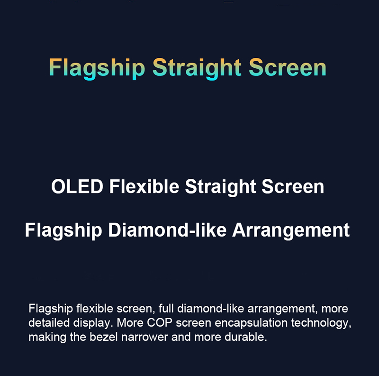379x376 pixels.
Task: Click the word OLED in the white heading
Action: coord(77,186)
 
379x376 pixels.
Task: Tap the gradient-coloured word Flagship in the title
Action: coord(97,68)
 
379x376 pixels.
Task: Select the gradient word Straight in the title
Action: coord(197,68)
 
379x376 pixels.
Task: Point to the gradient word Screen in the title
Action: coord(288,67)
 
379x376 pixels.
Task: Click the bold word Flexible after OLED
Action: coord(144,186)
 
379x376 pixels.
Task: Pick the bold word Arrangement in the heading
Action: coord(291,231)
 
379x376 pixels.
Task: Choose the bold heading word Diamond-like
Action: coord(167,230)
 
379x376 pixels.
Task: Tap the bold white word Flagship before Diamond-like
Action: coord(63,231)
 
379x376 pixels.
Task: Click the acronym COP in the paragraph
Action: coord(160,322)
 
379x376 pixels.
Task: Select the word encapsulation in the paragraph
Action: coord(251,323)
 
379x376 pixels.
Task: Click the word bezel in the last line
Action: coord(104,337)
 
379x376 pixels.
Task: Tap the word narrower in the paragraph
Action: coord(144,337)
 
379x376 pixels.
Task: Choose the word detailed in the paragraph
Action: coord(49,322)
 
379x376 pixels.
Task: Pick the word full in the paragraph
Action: coord(166,308)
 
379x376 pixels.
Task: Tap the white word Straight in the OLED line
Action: coord(220,187)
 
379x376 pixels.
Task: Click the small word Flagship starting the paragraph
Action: coord(51,309)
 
